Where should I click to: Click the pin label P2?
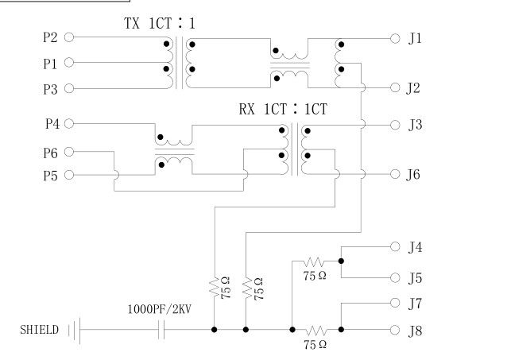pos(50,37)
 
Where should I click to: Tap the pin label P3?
pos(50,88)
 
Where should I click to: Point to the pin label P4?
pos(50,124)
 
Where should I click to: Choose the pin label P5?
pos(50,175)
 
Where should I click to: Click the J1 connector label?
pos(415,38)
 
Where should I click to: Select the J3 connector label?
pos(415,125)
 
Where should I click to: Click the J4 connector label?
pos(415,248)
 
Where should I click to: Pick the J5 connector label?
pos(415,278)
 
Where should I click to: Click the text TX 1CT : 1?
pos(160,24)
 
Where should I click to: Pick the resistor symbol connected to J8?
pos(316,329)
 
